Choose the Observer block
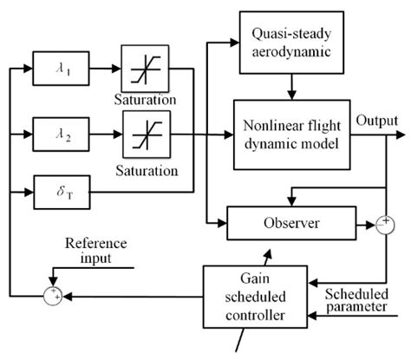coord(293,223)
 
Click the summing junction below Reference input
coord(54,296)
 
